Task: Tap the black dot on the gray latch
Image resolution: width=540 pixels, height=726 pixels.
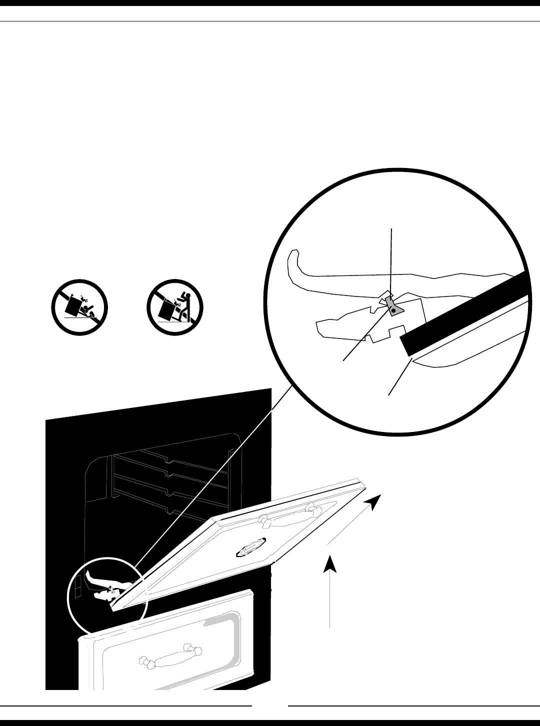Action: pos(393,311)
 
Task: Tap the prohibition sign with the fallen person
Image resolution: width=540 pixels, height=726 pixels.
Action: pos(80,307)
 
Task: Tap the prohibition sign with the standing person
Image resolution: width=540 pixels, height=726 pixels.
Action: pos(174,307)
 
